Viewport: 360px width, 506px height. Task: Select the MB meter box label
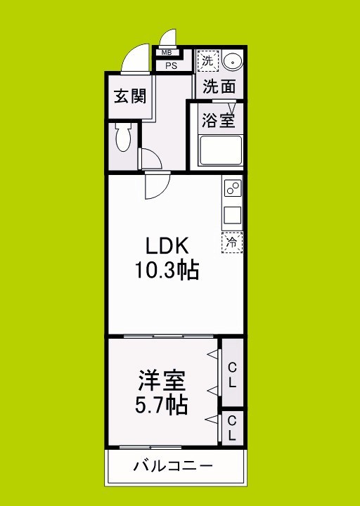(x=167, y=53)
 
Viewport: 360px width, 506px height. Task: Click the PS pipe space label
(x=171, y=65)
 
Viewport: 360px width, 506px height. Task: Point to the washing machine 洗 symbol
(x=207, y=60)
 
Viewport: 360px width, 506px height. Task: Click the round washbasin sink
(x=232, y=61)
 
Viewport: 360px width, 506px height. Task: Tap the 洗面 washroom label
(x=219, y=87)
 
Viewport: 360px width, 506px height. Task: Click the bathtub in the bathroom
(x=220, y=150)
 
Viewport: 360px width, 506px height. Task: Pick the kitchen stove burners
(x=233, y=188)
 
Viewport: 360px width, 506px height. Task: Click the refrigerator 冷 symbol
(x=232, y=242)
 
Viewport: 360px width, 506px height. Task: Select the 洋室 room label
(x=161, y=382)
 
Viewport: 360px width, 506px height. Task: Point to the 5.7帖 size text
(x=161, y=406)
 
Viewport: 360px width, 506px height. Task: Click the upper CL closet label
(x=232, y=374)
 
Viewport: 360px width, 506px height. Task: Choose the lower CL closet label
(x=232, y=429)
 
